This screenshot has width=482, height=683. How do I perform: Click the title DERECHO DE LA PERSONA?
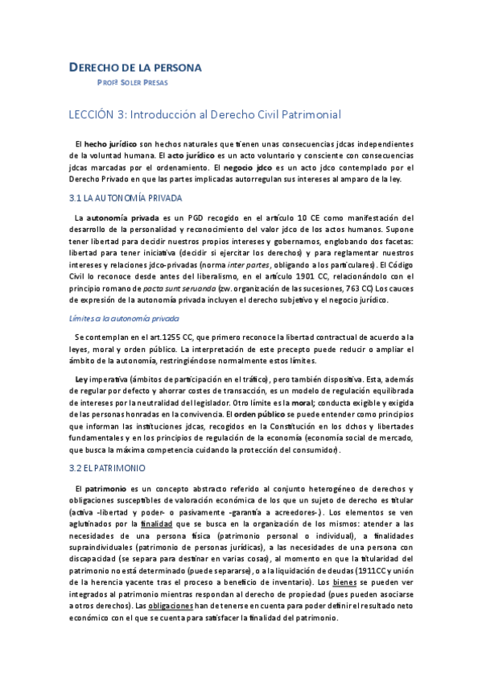(x=134, y=67)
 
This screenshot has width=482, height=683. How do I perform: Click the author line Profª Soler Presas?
(x=132, y=81)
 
